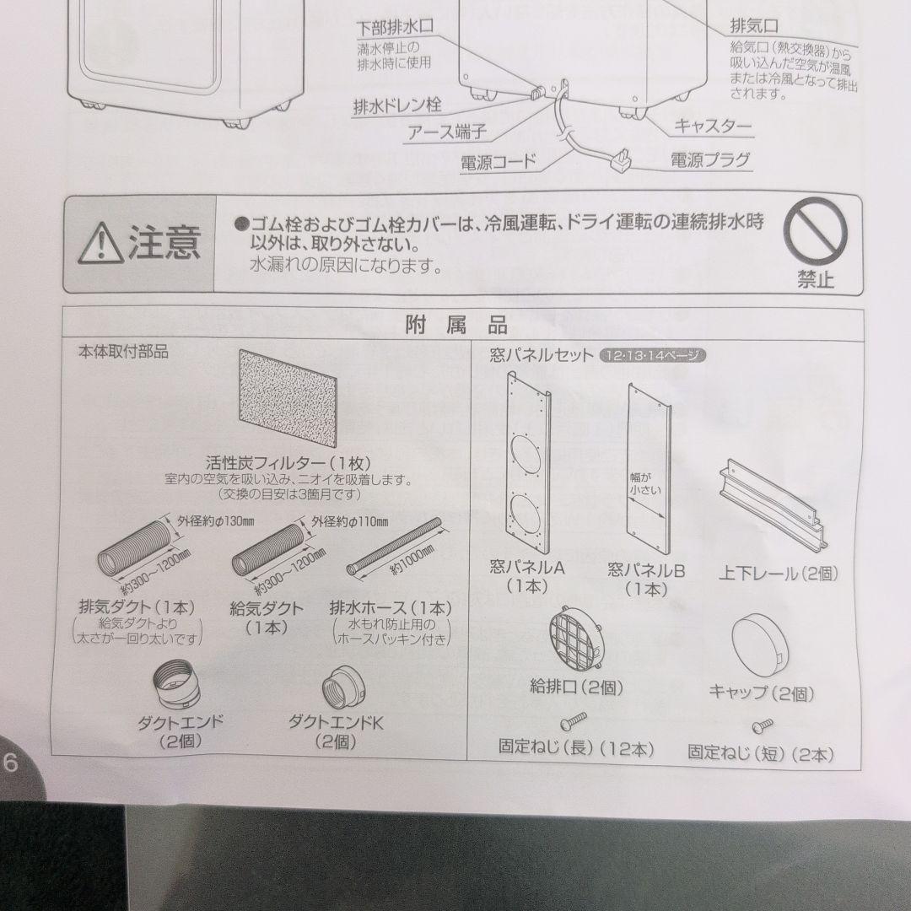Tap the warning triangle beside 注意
point(100,242)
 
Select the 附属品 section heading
point(455,326)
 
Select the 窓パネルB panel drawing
point(650,469)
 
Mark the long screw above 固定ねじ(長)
point(574,720)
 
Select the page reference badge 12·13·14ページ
point(650,356)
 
